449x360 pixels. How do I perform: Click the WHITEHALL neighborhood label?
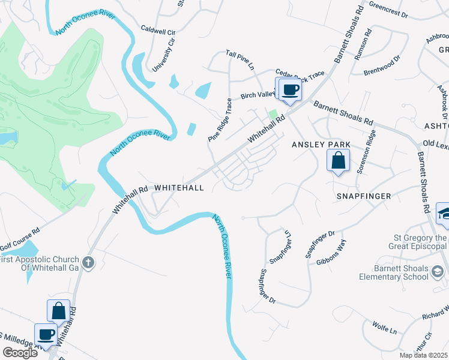point(179,188)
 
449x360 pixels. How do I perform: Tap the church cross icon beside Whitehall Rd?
point(88,262)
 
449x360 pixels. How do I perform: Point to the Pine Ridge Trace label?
point(220,120)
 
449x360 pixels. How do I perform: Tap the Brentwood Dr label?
point(382,66)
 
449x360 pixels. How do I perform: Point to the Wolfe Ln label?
point(385,331)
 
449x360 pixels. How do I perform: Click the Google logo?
point(20,353)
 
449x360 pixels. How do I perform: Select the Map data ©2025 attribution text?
point(424,355)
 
